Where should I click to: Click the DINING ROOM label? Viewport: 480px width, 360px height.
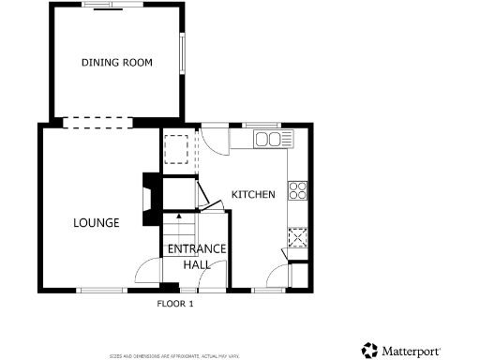117,63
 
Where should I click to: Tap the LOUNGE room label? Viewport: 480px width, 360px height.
97,223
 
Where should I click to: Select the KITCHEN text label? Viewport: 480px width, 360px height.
253,195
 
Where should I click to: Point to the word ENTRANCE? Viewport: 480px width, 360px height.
196,248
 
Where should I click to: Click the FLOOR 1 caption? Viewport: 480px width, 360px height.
175,304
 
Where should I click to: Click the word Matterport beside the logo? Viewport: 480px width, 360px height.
411,352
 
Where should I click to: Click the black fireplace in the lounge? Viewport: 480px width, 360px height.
149,200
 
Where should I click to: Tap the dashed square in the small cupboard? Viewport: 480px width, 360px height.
176,150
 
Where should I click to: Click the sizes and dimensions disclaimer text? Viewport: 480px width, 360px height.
175,355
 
